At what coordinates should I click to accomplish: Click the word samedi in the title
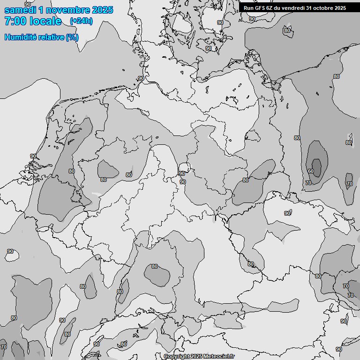[x=21, y=10]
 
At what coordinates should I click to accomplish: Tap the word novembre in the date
[x=69, y=10]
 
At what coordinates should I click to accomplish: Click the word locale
[x=45, y=21]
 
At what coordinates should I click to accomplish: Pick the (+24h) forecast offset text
[x=81, y=21]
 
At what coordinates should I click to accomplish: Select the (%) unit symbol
[x=72, y=37]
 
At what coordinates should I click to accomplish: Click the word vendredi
[x=293, y=7]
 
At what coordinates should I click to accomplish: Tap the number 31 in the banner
[x=309, y=7]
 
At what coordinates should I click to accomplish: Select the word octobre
[x=323, y=7]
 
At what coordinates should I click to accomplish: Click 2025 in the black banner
[x=340, y=7]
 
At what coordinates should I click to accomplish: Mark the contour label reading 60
[x=310, y=172]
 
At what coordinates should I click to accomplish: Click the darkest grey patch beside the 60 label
[x=317, y=167]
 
